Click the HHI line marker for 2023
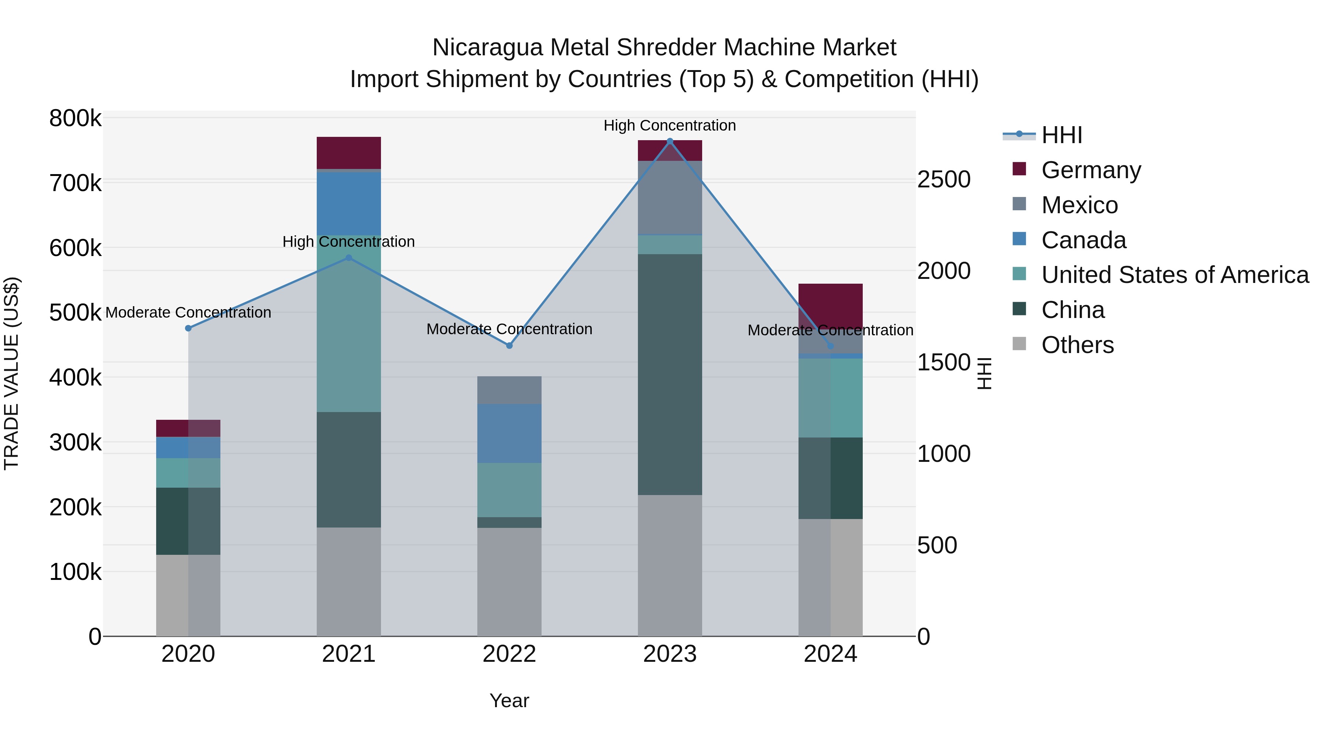(x=670, y=141)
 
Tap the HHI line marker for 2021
(x=349, y=258)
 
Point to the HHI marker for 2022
(x=509, y=345)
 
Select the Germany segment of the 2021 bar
(x=349, y=153)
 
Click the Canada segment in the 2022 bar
(x=509, y=433)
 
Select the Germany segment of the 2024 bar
(x=831, y=304)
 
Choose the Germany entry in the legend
(x=1091, y=170)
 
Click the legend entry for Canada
(x=1084, y=240)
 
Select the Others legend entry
(x=1077, y=345)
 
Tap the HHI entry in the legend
(x=1061, y=135)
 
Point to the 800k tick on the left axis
(x=75, y=118)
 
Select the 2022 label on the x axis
(x=509, y=654)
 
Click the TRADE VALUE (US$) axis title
(x=11, y=373)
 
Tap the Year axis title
(x=509, y=701)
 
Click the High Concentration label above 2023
(x=670, y=125)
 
